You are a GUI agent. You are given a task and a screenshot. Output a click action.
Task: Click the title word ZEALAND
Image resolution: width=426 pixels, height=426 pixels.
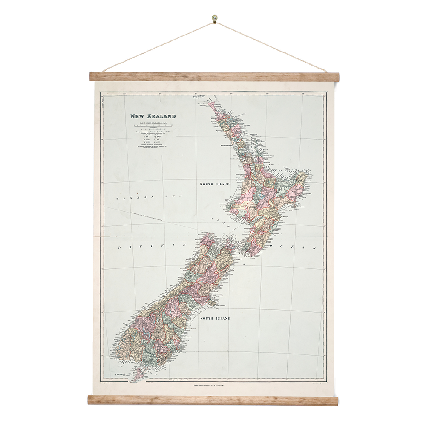[x=161, y=116]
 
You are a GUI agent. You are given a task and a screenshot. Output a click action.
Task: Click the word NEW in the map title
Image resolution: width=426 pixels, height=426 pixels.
[x=138, y=116]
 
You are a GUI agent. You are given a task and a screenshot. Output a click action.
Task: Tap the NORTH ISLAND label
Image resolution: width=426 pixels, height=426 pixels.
[x=215, y=184]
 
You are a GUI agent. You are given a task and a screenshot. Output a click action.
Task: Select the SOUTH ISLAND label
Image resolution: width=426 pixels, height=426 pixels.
[x=215, y=318]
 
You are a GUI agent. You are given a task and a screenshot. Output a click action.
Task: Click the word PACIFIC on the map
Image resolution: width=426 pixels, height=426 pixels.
[x=152, y=246]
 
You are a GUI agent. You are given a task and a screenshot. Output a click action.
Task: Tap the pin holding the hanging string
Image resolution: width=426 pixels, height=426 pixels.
[x=213, y=18]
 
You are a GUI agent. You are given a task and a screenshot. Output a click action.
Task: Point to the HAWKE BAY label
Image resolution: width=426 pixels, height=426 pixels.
[x=286, y=210]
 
